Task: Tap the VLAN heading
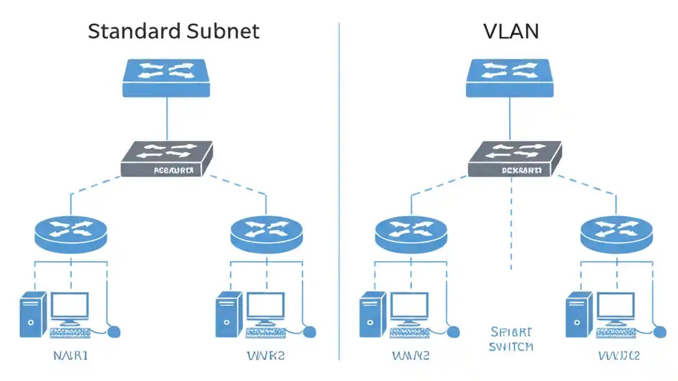click(x=511, y=31)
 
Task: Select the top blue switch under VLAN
click(x=510, y=78)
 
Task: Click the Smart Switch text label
click(x=511, y=339)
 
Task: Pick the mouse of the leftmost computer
click(x=113, y=332)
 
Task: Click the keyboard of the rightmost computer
click(x=615, y=333)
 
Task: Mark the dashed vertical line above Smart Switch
click(x=511, y=222)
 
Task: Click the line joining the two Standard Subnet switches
click(x=166, y=119)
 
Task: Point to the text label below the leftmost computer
click(x=70, y=355)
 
